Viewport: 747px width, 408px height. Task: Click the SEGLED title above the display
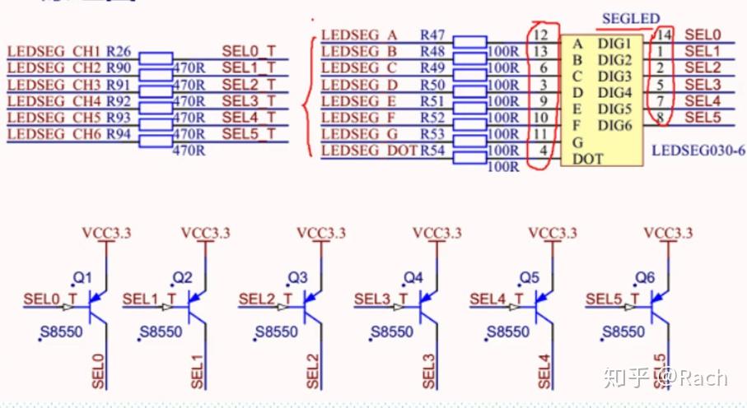click(631, 18)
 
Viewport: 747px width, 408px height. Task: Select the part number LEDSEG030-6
click(698, 151)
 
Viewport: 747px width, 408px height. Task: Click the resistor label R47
click(432, 35)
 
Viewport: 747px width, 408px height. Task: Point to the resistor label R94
click(119, 134)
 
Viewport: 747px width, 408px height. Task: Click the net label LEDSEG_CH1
click(53, 52)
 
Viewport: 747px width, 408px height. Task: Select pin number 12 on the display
click(541, 35)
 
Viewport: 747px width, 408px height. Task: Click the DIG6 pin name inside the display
click(614, 125)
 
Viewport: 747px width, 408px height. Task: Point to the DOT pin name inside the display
click(587, 159)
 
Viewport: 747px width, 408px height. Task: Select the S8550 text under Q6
click(623, 332)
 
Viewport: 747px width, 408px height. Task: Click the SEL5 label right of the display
click(703, 118)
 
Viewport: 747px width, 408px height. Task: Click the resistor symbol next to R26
click(156, 57)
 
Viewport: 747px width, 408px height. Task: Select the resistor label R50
click(432, 85)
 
